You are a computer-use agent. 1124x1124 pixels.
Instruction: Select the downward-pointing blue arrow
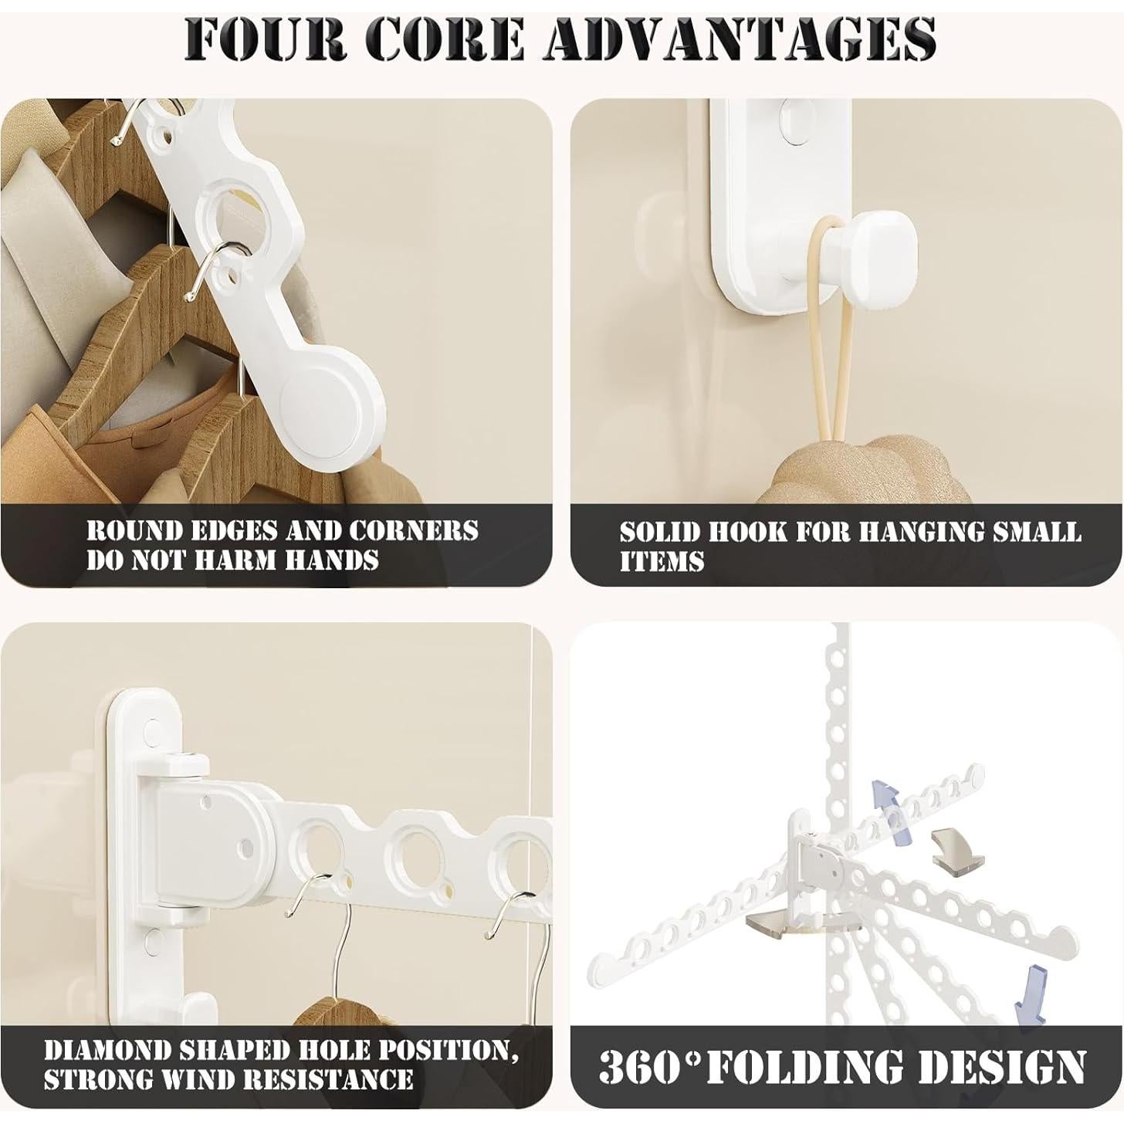[1033, 990]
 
